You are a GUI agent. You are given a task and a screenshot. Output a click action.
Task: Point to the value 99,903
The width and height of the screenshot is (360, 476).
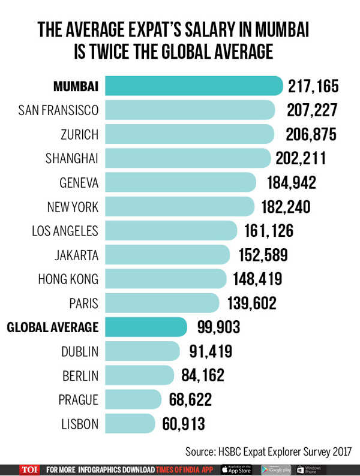tap(218, 327)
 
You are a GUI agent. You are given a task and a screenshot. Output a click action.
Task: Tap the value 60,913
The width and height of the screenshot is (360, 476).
tap(184, 424)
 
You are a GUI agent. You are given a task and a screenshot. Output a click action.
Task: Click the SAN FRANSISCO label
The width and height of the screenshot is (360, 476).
tap(58, 110)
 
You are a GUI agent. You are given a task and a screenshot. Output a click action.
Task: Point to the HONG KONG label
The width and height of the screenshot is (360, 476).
tap(68, 278)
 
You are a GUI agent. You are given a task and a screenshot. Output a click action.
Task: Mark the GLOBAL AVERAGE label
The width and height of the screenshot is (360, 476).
tap(52, 327)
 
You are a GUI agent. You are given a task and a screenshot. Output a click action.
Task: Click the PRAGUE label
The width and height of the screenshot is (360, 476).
tap(78, 399)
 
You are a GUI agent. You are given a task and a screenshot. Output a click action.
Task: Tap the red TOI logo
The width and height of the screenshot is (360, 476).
tap(29, 468)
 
